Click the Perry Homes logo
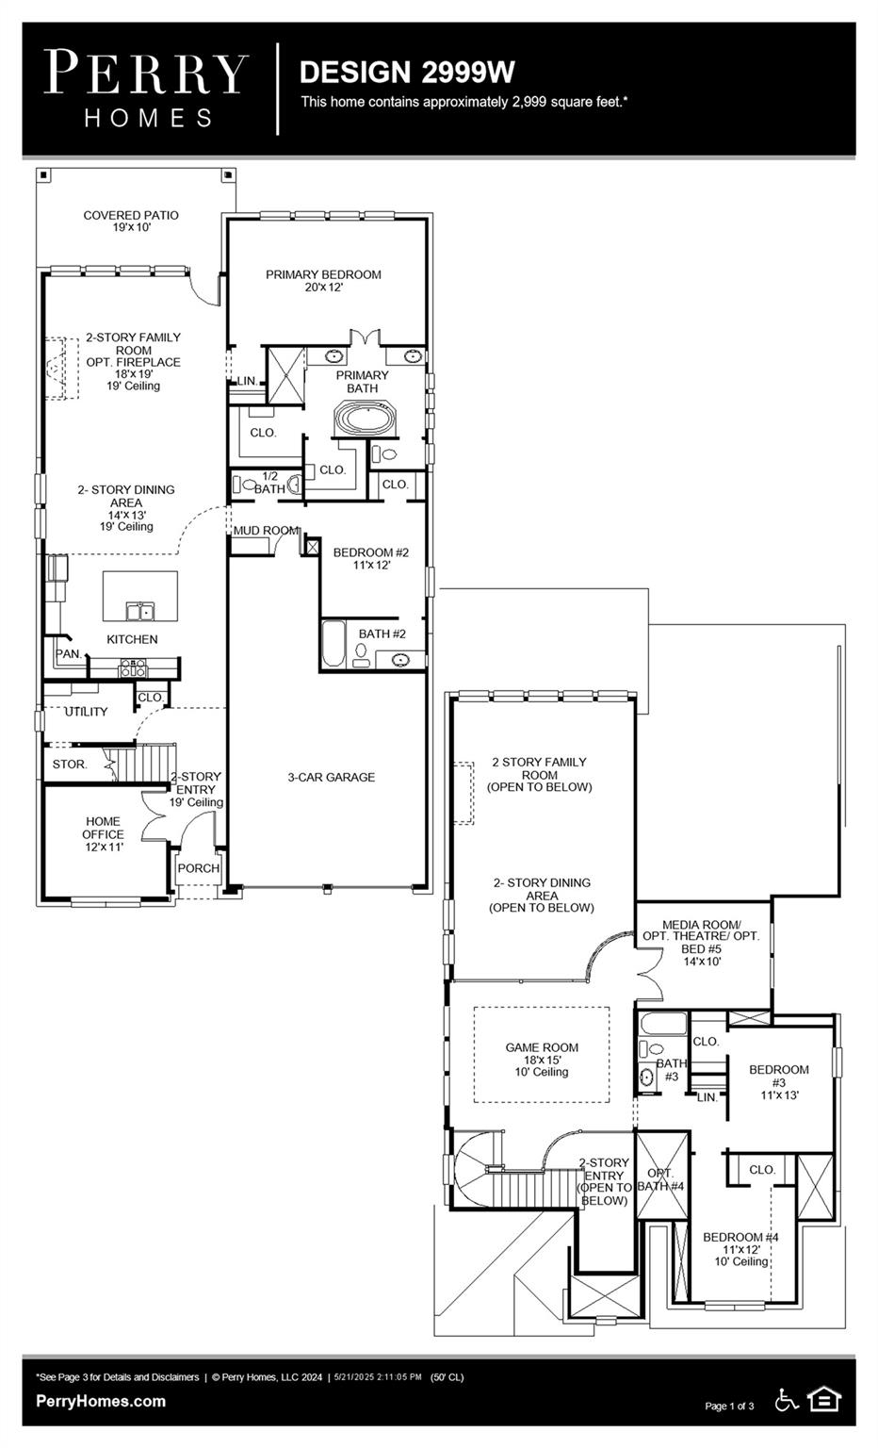coord(147,89)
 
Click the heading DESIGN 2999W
coord(407,72)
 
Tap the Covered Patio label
coord(131,221)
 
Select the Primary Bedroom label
coord(323,280)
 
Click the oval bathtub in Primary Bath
coord(363,418)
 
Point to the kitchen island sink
coord(140,612)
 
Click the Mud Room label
coord(266,531)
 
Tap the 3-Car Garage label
coord(331,777)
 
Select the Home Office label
coord(103,833)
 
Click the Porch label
coord(198,868)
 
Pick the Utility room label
coord(86,712)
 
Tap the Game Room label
coord(542,1059)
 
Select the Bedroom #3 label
coord(778,1081)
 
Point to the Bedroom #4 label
coord(740,1248)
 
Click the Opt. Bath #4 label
coord(660,1179)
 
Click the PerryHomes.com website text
coord(101,1401)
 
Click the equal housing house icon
coord(824,1400)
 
